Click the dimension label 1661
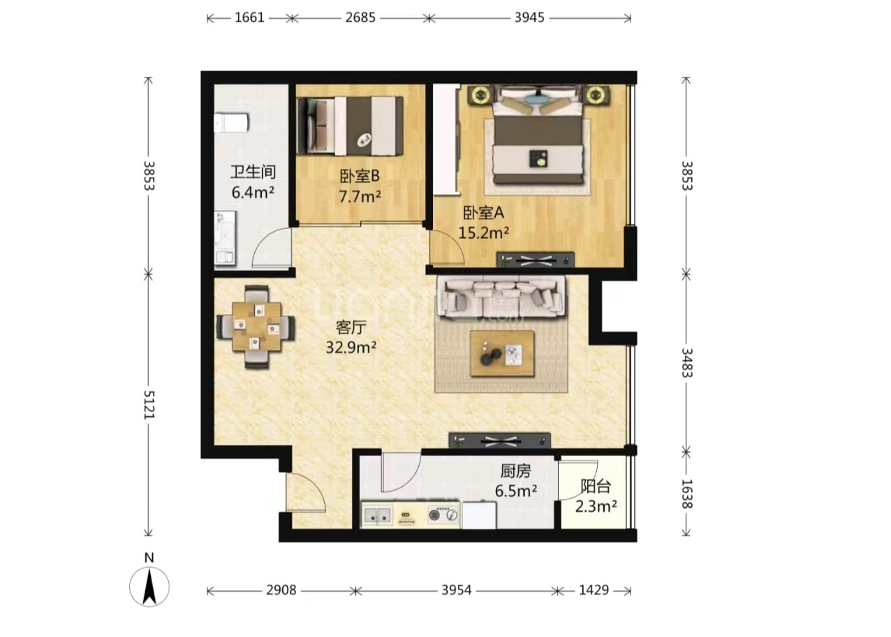(249, 18)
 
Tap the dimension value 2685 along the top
(360, 18)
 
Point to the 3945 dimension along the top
(529, 18)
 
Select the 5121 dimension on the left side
(149, 404)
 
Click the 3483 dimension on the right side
(687, 363)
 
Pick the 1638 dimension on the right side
(687, 494)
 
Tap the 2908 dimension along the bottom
(281, 590)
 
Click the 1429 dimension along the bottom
(594, 590)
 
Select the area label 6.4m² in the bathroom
(253, 193)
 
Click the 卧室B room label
(360, 176)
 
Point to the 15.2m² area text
(484, 233)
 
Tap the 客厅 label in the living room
(351, 328)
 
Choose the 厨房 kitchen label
(516, 471)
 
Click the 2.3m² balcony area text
(596, 506)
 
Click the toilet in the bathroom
(232, 123)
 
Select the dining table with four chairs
(256, 327)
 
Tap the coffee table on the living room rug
(502, 353)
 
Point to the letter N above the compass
(149, 558)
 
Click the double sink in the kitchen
(377, 515)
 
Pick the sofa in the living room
(501, 298)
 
